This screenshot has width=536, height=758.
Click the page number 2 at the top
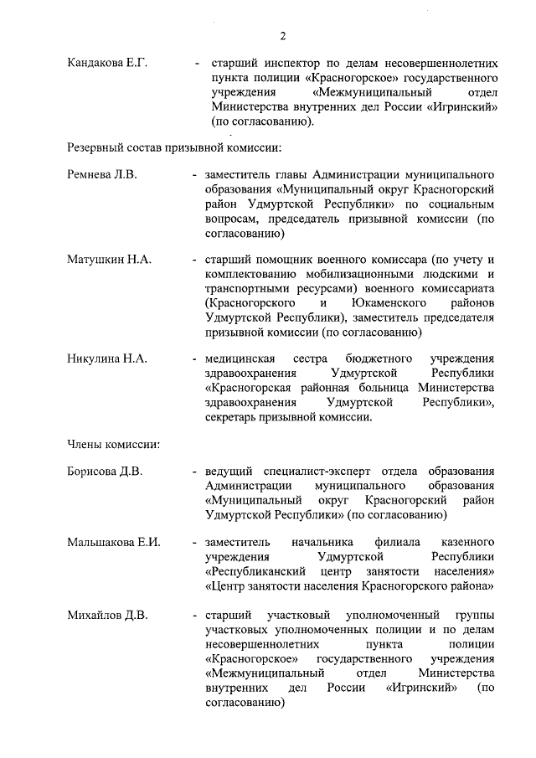283,35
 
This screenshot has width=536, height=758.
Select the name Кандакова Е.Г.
106,63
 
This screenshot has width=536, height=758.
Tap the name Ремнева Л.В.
101,175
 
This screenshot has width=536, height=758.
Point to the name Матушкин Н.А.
109,260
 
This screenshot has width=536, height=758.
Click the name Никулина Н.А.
107,358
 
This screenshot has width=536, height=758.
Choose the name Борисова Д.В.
105,471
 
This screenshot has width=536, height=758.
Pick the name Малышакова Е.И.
114,542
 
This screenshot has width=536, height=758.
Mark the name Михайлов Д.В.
107,616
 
